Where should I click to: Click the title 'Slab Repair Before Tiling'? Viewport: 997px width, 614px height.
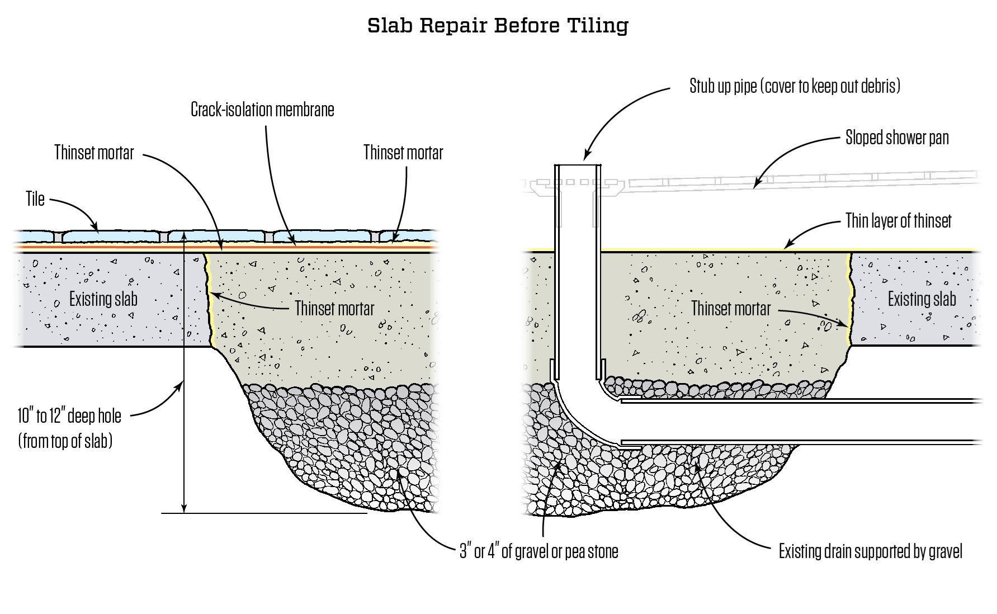[x=498, y=25]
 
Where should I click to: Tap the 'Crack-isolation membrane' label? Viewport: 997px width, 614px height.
[x=262, y=109]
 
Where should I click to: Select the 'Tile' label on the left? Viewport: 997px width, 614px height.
[x=35, y=199]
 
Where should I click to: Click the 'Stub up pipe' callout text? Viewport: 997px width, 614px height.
[x=795, y=86]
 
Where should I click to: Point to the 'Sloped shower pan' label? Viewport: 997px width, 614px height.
[x=897, y=138]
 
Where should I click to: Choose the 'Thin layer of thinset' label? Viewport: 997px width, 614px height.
[x=898, y=221]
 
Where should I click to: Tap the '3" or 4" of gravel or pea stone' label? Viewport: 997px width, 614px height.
[x=538, y=551]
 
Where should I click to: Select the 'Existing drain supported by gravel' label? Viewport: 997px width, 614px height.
[x=871, y=552]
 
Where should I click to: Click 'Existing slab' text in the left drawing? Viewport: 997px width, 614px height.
[x=103, y=299]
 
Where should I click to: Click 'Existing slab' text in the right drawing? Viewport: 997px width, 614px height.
[x=922, y=299]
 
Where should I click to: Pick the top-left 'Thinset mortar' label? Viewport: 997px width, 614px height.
[x=94, y=153]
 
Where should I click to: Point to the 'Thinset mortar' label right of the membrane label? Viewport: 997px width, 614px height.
[x=403, y=153]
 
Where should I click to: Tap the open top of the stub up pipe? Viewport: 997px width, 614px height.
[x=578, y=166]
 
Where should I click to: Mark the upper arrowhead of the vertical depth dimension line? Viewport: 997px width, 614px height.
[x=184, y=235]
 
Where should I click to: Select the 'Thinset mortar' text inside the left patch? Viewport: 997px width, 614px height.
[x=334, y=309]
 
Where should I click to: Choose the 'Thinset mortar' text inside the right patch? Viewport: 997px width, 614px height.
[x=731, y=309]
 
